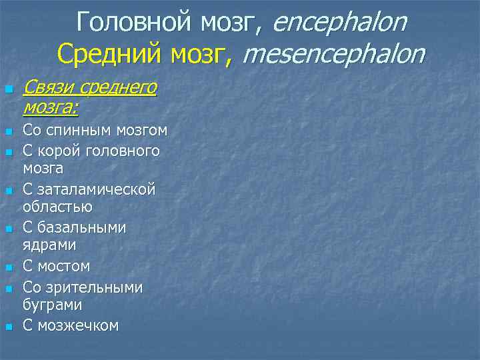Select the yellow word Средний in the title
point(101,53)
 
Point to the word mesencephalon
point(333,53)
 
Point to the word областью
point(57,207)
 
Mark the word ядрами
point(49,245)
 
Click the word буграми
point(53,305)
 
